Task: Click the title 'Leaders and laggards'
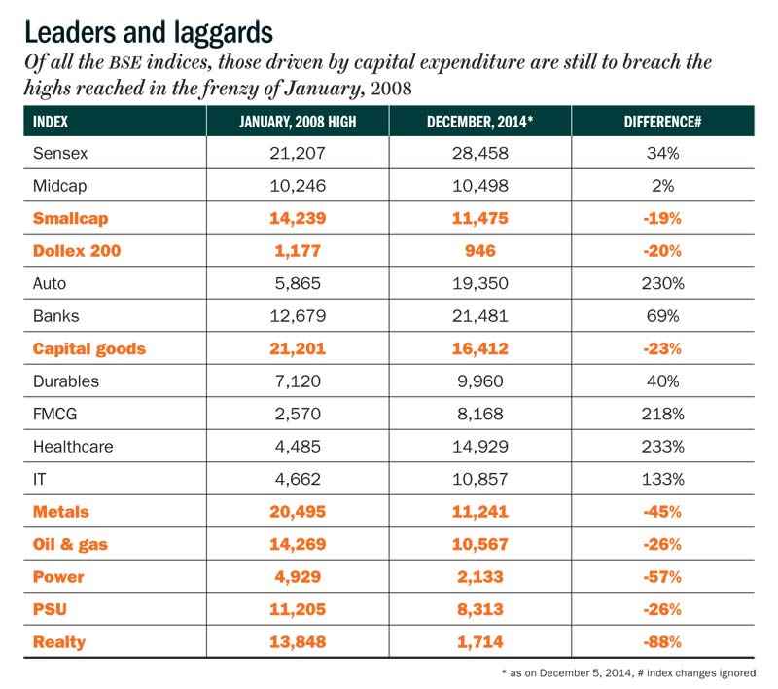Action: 149,33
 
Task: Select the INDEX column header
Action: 51,122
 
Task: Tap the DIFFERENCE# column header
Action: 662,122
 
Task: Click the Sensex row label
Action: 60,153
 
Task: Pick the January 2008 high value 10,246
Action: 298,186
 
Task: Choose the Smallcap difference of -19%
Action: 662,218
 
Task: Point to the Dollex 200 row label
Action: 77,251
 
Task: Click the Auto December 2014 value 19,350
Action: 479,283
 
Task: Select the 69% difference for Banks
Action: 662,316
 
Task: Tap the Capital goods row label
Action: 89,349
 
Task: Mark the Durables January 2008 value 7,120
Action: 298,381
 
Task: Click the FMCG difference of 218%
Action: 662,414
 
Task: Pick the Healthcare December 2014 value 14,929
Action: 479,447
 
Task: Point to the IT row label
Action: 39,479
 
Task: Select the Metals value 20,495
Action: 298,512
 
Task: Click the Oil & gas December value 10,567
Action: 479,545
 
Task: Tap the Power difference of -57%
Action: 662,577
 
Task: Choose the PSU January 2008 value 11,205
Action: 298,609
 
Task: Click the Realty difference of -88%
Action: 662,642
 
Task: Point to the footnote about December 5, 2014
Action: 628,673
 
